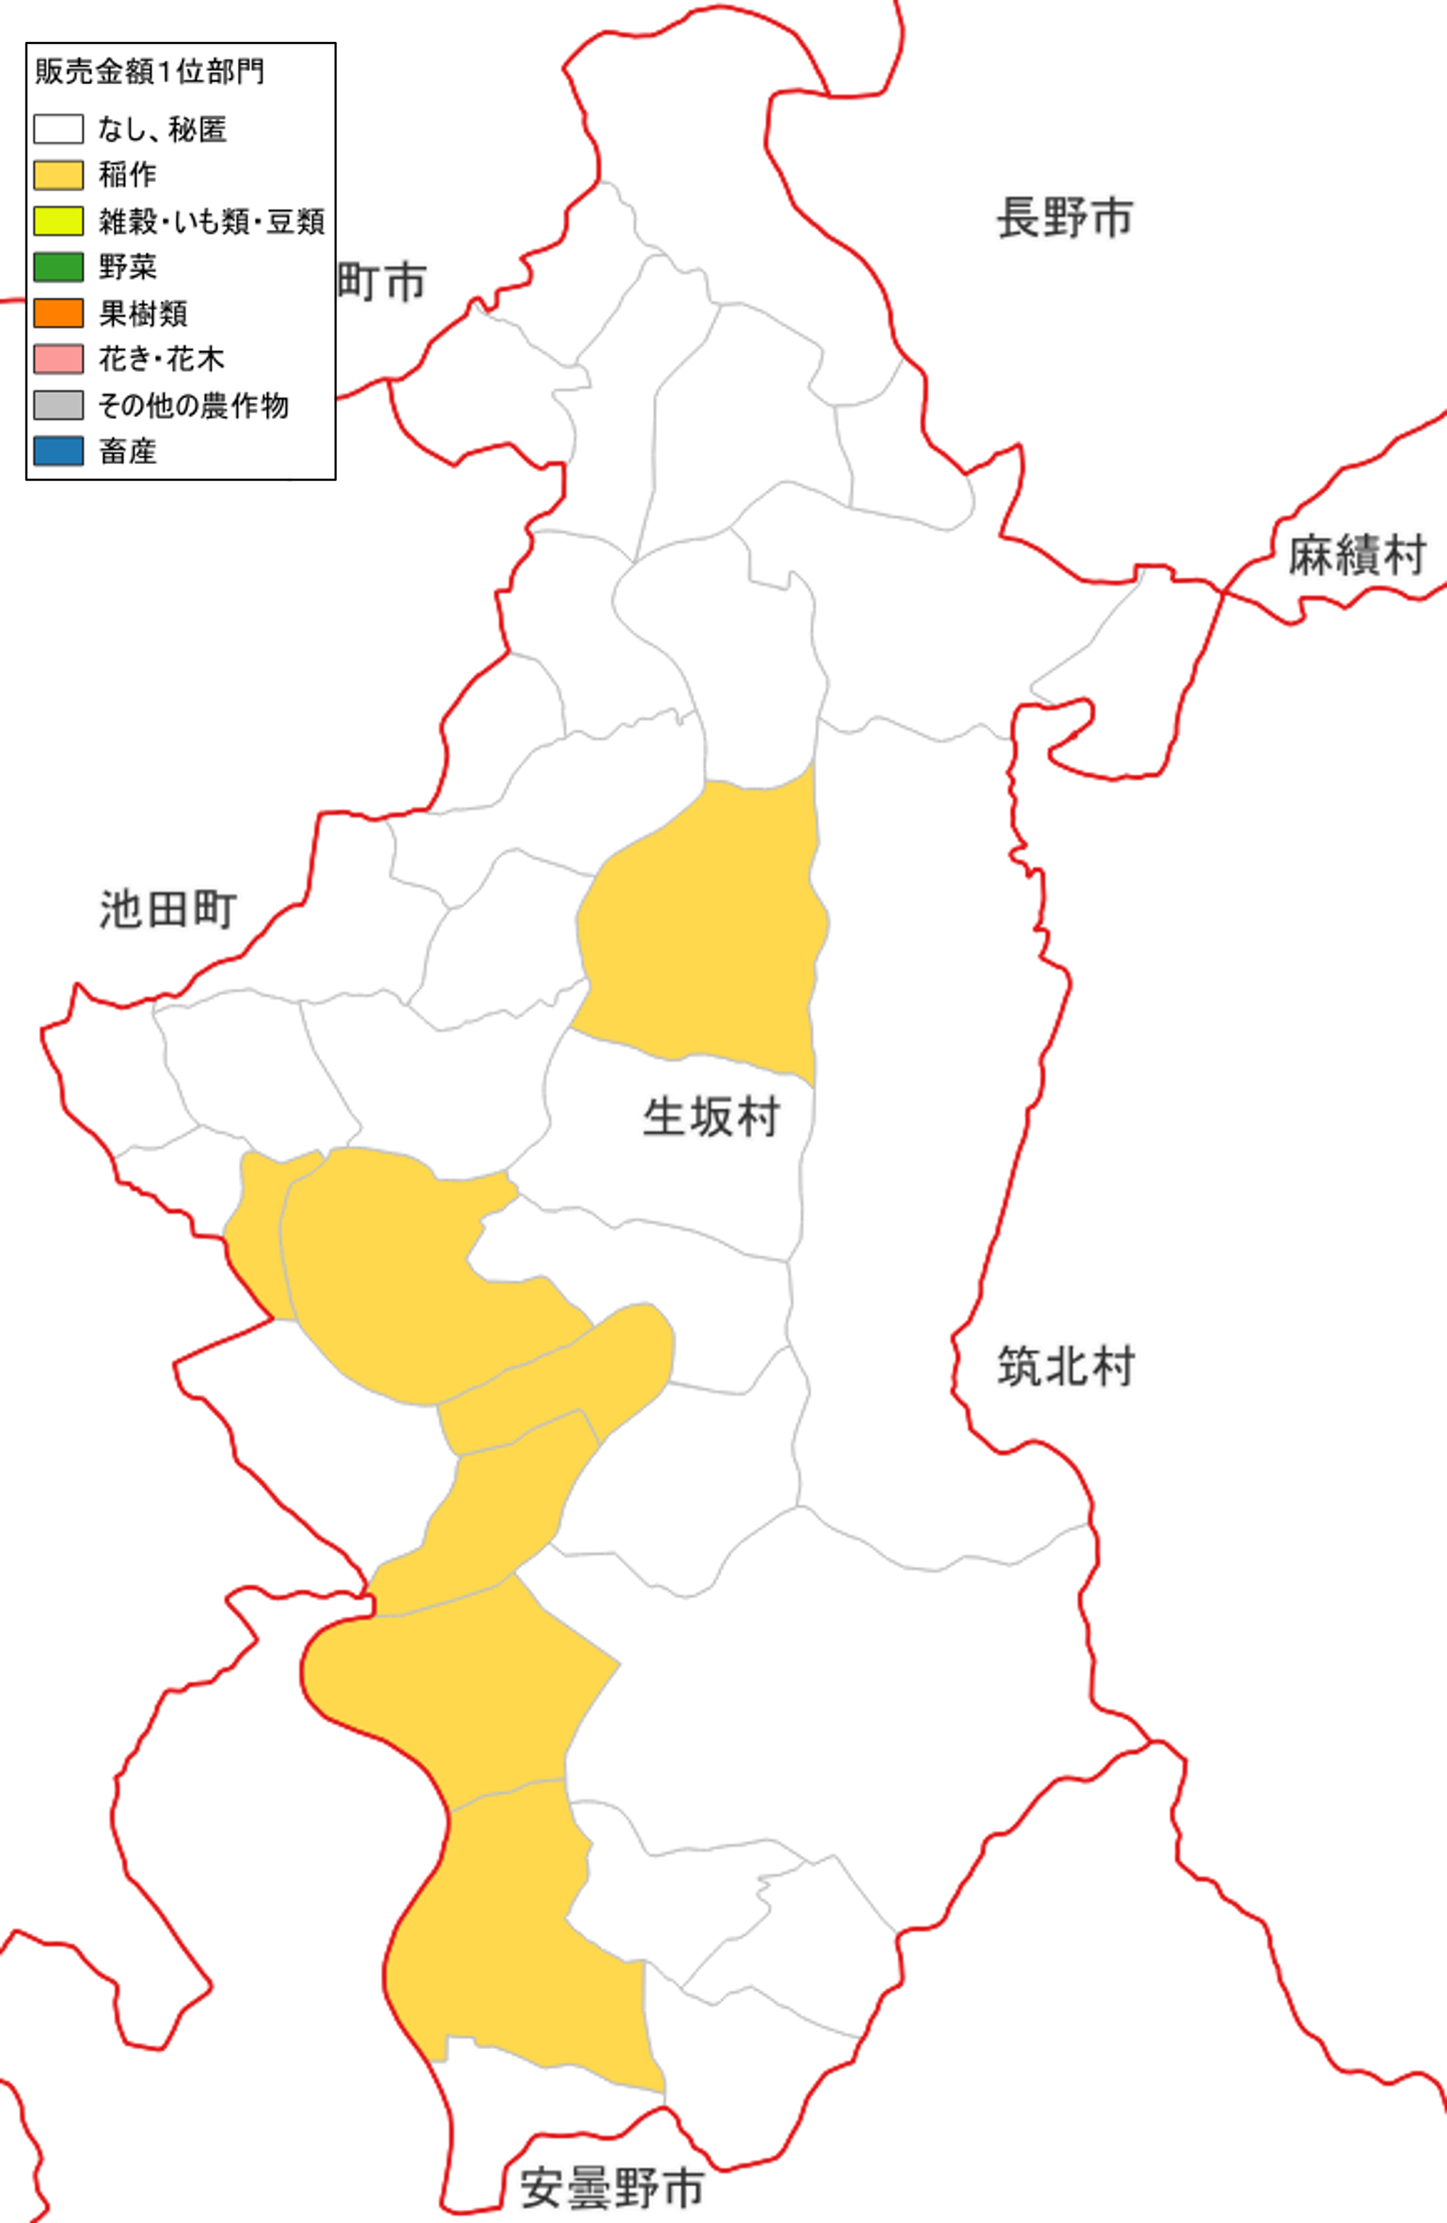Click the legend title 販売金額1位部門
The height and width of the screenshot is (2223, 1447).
point(149,71)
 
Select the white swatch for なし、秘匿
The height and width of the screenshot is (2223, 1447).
point(58,129)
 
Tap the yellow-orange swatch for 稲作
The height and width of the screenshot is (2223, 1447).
point(58,175)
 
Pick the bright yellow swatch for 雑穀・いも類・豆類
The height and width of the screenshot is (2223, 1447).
point(58,220)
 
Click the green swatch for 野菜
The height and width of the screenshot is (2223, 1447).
point(58,267)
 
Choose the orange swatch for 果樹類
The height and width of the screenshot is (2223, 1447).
point(58,313)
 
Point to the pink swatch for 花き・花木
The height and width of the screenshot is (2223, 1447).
point(58,359)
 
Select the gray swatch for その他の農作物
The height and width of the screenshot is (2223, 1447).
point(58,405)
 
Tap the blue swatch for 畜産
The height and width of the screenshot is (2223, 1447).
point(58,451)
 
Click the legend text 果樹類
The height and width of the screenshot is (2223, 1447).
point(143,313)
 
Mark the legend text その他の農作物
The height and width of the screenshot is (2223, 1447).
point(194,405)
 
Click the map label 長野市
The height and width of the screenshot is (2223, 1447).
point(1065,218)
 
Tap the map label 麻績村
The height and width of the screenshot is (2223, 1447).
point(1357,555)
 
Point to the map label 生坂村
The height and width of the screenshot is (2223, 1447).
point(711,1117)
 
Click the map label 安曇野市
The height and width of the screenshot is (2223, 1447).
point(612,2187)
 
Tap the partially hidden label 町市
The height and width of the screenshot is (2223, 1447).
point(381,281)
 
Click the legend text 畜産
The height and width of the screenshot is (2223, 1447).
point(128,451)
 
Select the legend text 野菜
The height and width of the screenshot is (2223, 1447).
point(128,267)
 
